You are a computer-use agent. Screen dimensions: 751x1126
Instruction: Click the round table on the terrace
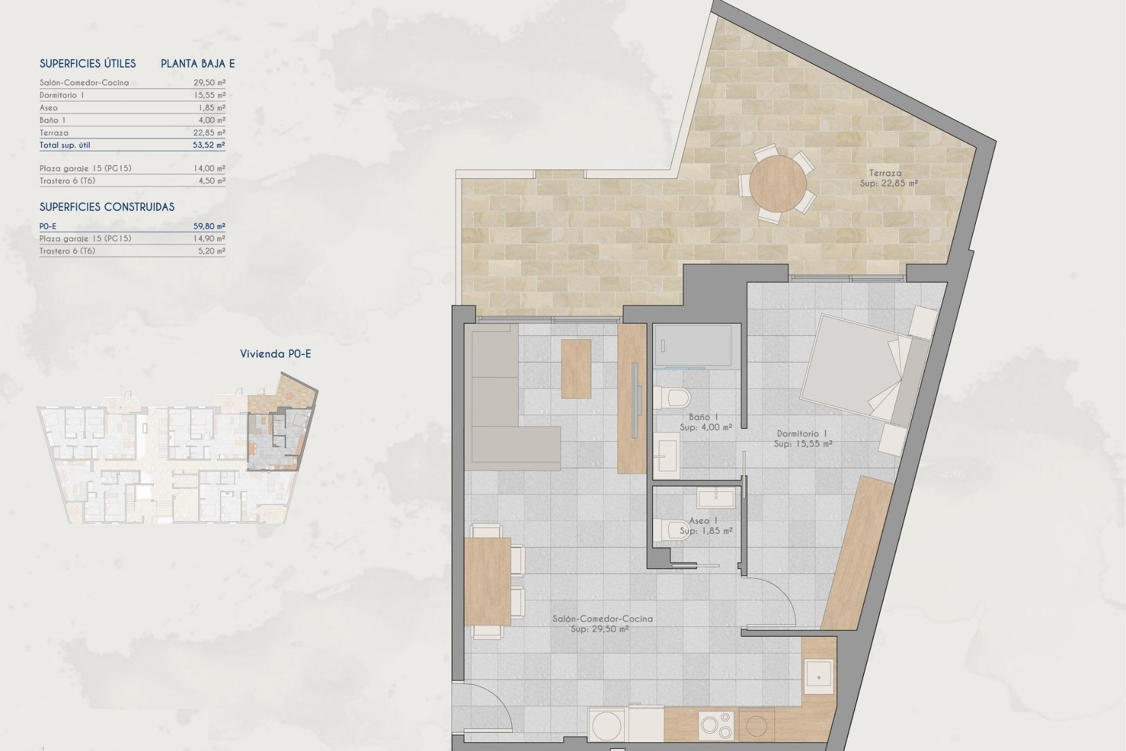point(778,182)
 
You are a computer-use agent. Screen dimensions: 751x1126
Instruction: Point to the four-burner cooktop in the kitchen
point(716,725)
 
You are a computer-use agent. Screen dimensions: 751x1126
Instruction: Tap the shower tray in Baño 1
point(693,346)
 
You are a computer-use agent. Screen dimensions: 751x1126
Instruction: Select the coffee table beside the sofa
point(576,369)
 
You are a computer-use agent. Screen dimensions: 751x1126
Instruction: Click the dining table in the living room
point(487,581)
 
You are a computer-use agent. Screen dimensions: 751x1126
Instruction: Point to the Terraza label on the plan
point(885,173)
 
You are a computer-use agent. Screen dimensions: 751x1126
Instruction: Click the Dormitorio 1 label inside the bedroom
point(802,434)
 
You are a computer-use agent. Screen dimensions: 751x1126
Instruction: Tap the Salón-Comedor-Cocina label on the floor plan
point(602,618)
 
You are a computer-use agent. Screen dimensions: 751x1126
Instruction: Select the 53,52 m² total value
point(209,145)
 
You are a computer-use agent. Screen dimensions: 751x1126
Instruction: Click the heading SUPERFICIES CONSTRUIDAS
point(107,207)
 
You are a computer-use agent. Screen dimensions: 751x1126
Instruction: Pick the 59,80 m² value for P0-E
point(209,226)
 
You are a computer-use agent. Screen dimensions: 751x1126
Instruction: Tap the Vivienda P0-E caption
point(276,354)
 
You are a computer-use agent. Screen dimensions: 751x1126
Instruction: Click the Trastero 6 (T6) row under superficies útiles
point(67,181)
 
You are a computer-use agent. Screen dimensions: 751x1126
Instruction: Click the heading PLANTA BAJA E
point(198,64)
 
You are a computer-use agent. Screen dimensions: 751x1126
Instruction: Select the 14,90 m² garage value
point(209,238)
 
